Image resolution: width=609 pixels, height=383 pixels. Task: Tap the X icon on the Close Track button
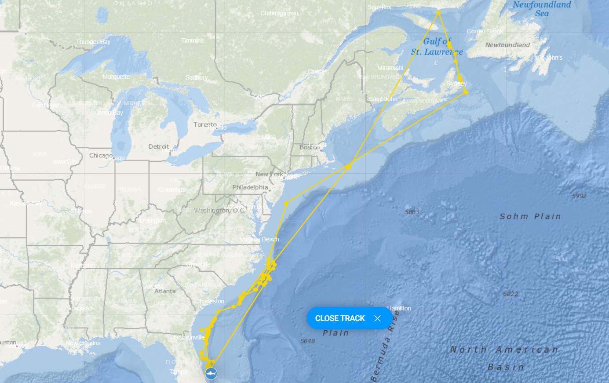[377, 318]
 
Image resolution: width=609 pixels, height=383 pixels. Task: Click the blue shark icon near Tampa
[211, 374]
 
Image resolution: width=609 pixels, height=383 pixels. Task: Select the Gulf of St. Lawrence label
[437, 47]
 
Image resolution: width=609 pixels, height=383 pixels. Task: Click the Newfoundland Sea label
[542, 9]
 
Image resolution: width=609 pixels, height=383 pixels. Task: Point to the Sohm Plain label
[530, 216]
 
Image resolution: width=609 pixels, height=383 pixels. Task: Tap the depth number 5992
[579, 196]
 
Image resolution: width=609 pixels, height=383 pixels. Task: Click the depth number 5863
[412, 212]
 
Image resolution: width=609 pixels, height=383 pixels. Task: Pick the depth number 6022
[511, 294]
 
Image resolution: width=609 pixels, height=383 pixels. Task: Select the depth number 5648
[307, 341]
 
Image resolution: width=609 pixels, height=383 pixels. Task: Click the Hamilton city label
[399, 308]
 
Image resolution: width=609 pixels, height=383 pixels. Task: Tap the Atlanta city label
[165, 291]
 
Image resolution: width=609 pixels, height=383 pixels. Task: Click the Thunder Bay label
[93, 42]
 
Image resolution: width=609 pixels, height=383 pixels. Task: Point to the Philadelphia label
[250, 187]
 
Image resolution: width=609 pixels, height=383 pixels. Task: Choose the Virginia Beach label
[260, 239]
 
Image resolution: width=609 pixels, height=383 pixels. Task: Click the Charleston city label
[210, 301]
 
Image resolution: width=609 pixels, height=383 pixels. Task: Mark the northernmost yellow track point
[438, 12]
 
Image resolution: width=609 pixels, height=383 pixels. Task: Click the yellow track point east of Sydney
[466, 92]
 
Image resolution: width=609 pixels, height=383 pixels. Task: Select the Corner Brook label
[485, 31]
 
